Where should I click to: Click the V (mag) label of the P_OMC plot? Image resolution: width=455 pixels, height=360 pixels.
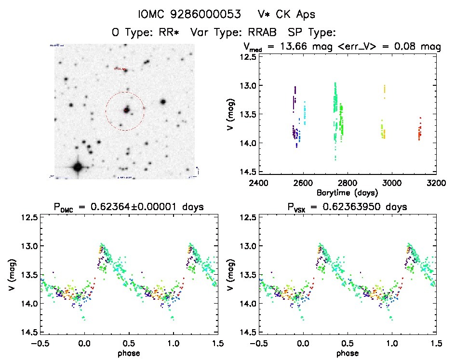pos(11,275)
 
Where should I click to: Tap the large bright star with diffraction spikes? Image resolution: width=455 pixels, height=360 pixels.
pos(78,167)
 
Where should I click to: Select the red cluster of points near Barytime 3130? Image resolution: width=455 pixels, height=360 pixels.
pos(419,130)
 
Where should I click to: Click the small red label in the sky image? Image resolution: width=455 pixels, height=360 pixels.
pos(120,69)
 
